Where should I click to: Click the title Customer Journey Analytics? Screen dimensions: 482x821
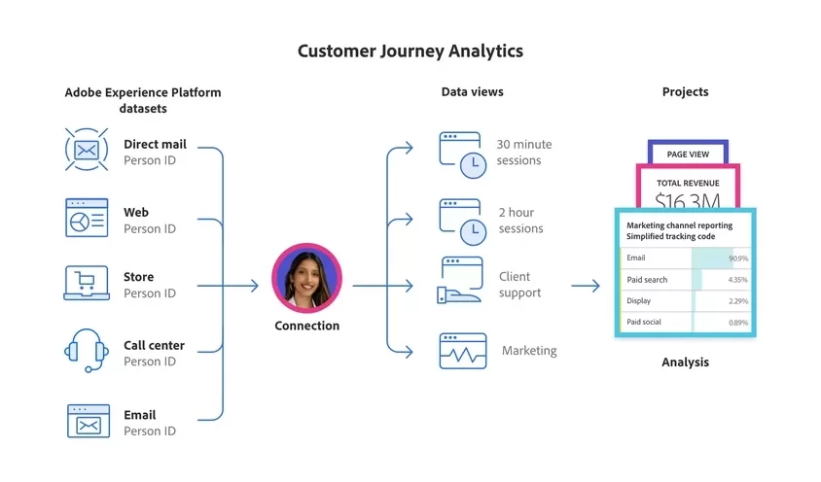point(410,51)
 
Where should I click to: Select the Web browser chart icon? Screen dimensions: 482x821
point(87,218)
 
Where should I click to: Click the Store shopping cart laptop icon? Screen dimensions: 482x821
point(87,283)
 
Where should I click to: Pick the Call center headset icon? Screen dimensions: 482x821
point(87,351)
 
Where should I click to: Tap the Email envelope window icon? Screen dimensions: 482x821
point(87,421)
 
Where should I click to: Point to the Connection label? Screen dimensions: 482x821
point(306,326)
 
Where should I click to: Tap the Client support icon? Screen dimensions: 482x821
point(462,282)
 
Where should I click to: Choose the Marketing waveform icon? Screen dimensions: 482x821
point(462,351)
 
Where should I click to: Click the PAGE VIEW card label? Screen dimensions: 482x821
point(687,155)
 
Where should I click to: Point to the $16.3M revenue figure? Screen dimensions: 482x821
point(687,200)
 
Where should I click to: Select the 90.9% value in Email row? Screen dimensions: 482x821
point(737,258)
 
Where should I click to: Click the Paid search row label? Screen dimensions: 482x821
point(647,280)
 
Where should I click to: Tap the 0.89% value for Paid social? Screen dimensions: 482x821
point(737,322)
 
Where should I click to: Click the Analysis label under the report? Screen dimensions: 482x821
point(685,362)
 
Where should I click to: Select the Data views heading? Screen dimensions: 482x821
point(472,92)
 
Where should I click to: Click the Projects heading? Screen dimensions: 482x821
point(685,92)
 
